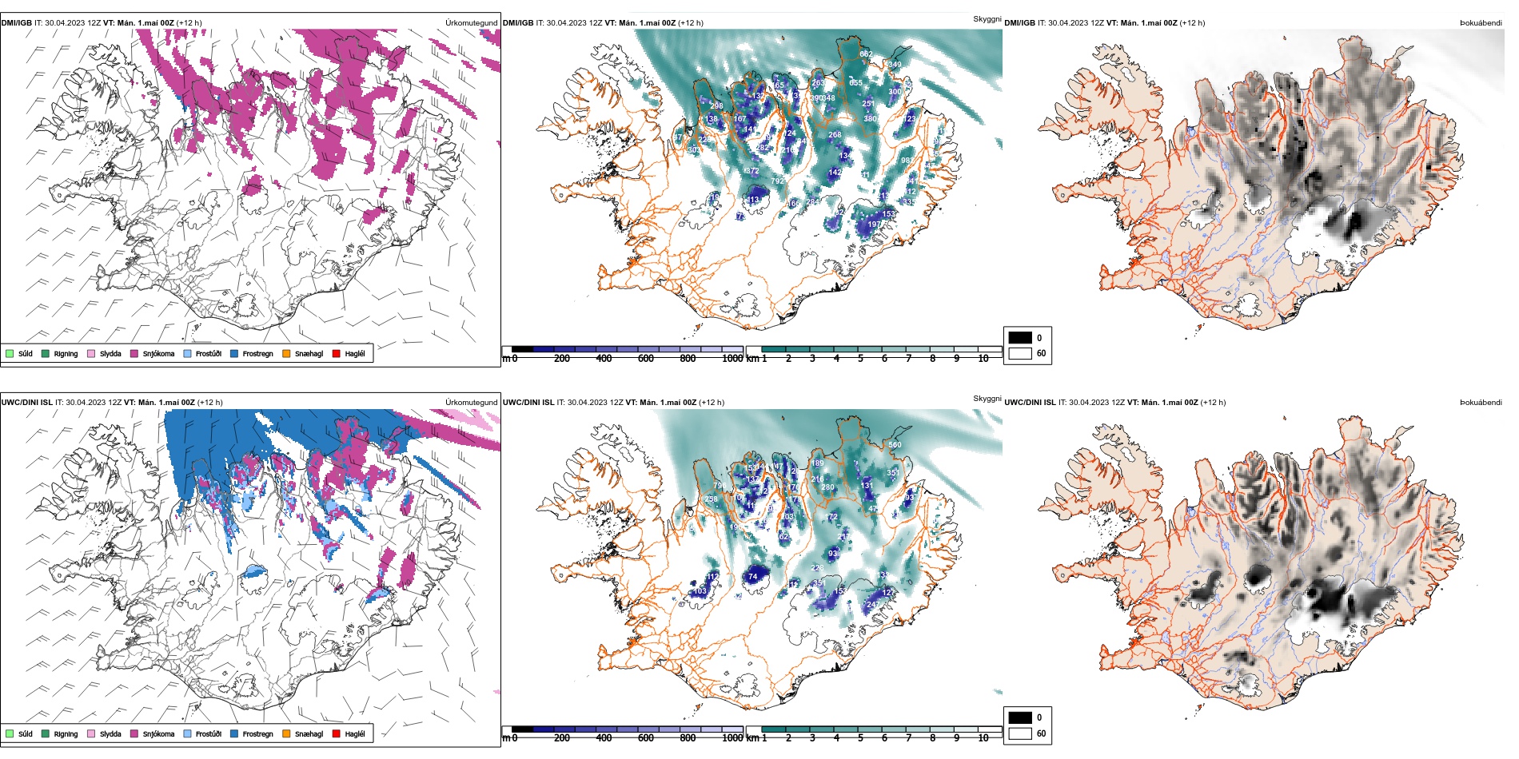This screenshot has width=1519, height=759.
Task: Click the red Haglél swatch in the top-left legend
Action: click(x=337, y=353)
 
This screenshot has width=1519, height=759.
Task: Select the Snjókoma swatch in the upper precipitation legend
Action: click(x=134, y=353)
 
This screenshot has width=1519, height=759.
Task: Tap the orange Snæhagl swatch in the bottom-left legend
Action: click(x=286, y=733)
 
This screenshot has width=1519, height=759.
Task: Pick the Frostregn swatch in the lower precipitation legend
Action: click(x=234, y=733)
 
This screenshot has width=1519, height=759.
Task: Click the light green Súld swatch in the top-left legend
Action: click(x=10, y=353)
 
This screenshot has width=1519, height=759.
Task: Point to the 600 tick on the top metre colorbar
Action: click(x=645, y=359)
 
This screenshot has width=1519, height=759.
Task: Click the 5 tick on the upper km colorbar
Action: click(x=860, y=359)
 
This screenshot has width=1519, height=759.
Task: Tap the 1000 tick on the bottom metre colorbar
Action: click(x=732, y=738)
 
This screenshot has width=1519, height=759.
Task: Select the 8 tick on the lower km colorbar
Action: click(x=932, y=738)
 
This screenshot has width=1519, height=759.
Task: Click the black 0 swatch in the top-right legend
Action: click(x=1020, y=337)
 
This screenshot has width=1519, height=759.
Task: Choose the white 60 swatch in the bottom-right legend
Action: click(x=1020, y=733)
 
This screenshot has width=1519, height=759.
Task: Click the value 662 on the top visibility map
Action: click(x=866, y=54)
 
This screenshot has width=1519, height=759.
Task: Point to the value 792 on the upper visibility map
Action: click(x=777, y=181)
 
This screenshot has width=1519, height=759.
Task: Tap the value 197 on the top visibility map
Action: click(x=875, y=225)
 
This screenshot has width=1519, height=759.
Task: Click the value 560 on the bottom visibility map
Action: click(x=895, y=445)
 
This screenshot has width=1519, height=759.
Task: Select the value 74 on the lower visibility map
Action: click(x=752, y=576)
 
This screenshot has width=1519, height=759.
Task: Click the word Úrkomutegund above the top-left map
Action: click(x=472, y=23)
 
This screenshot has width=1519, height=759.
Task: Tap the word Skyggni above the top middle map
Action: click(x=987, y=19)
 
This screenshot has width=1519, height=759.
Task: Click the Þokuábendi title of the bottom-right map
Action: click(x=1481, y=403)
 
